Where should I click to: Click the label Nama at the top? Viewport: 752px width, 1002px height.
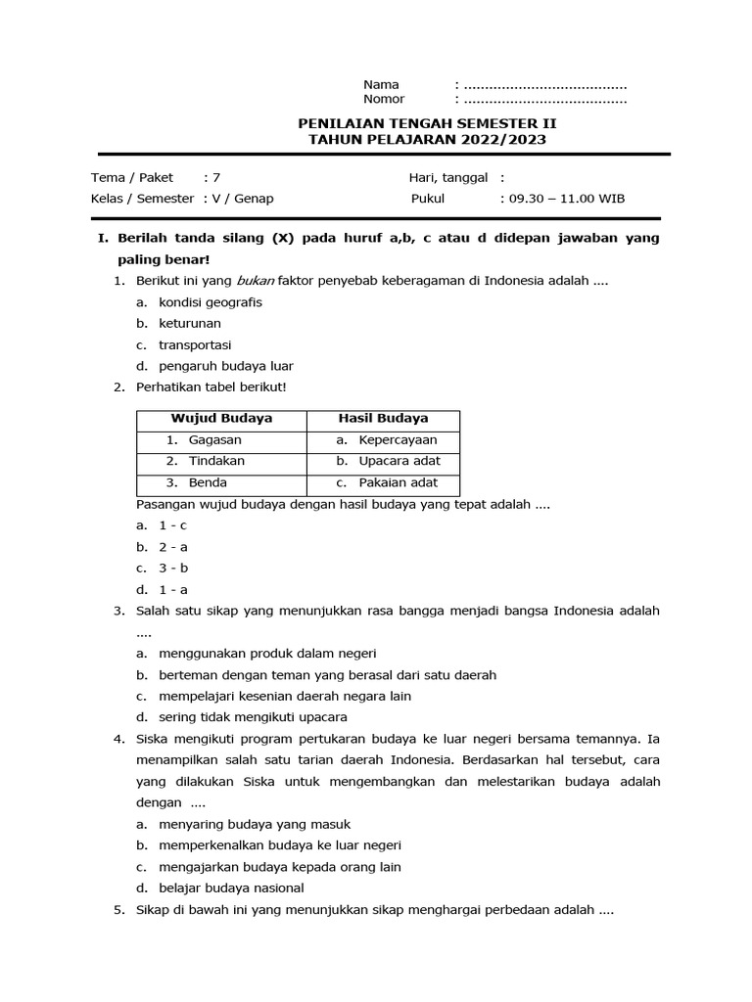click(381, 84)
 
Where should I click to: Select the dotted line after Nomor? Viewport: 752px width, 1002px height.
click(544, 99)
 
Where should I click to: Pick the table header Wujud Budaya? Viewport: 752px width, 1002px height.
click(221, 418)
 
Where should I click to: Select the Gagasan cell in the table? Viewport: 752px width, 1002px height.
click(214, 440)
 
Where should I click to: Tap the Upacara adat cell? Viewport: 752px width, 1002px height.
click(399, 461)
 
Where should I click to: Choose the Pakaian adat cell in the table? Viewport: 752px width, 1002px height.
click(398, 482)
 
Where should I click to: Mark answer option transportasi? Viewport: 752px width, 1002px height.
click(195, 344)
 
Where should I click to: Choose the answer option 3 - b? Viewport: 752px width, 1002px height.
click(173, 568)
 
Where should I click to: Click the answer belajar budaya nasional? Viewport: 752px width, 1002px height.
click(231, 888)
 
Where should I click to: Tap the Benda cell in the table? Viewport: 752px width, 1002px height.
click(208, 482)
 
